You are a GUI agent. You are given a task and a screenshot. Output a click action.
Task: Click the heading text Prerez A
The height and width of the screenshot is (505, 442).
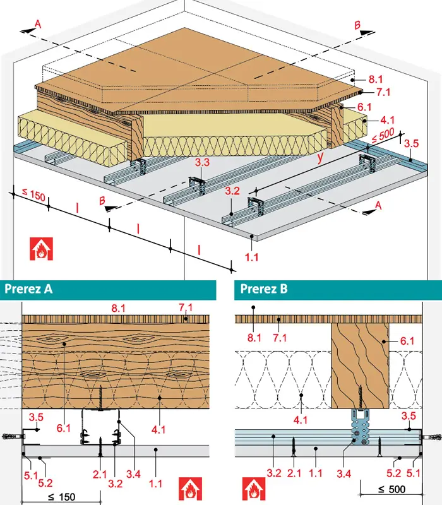[x=28, y=289]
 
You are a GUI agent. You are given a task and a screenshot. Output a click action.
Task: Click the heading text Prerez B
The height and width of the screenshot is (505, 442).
[x=264, y=289]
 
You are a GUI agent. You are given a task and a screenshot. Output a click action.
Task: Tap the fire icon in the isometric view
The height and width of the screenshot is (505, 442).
[x=42, y=249]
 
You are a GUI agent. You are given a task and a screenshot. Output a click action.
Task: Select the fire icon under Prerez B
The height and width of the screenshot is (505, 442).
[x=254, y=489]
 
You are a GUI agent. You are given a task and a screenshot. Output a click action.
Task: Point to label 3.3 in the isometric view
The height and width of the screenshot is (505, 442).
[x=202, y=162]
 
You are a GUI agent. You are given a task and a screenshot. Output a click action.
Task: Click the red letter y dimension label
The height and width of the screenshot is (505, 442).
[x=320, y=158]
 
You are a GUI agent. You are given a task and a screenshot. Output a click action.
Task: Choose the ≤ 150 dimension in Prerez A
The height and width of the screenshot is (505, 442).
[x=61, y=497]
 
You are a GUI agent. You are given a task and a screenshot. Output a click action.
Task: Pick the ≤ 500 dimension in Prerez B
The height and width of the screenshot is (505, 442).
[x=391, y=490]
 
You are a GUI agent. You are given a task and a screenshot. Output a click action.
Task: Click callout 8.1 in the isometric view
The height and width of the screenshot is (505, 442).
[x=375, y=80]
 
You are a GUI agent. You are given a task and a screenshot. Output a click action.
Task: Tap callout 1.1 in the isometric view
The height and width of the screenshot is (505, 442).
[x=251, y=258]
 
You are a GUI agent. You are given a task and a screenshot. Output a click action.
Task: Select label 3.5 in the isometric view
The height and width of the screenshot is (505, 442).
[x=412, y=143]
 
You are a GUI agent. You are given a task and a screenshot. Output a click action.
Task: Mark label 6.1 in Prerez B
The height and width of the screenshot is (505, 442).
[x=407, y=341]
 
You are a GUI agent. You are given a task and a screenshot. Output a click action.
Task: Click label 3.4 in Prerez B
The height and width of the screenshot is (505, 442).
[x=343, y=474]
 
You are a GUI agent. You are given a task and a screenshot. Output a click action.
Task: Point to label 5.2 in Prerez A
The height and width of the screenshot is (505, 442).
[x=45, y=483]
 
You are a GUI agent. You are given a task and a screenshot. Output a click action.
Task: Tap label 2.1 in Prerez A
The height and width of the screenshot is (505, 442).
[x=100, y=474]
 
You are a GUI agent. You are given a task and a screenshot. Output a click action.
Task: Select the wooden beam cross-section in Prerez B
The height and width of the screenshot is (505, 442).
[x=360, y=366]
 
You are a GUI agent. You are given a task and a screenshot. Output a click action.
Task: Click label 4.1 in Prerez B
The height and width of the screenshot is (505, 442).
[x=301, y=420]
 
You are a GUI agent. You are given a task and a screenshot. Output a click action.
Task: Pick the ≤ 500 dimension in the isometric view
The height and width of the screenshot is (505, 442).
[x=383, y=136]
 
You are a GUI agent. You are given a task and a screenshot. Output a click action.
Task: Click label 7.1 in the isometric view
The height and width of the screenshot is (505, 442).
[x=383, y=92]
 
